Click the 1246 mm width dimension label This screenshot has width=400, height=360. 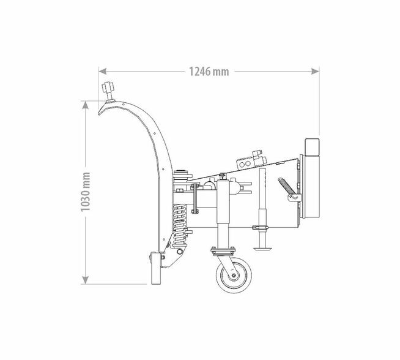click(x=209, y=72)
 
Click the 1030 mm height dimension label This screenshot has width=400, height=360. click(x=86, y=192)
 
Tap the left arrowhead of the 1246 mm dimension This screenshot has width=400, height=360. click(x=102, y=71)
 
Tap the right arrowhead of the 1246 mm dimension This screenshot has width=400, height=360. click(x=315, y=71)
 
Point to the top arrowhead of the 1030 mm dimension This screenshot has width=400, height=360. click(x=86, y=105)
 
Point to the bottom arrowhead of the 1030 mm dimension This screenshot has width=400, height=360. click(x=86, y=280)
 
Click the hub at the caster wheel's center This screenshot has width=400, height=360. click(x=234, y=276)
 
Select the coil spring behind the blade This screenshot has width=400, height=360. click(x=180, y=225)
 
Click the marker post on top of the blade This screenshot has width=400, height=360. click(x=108, y=92)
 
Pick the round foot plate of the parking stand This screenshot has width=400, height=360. click(x=262, y=248)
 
